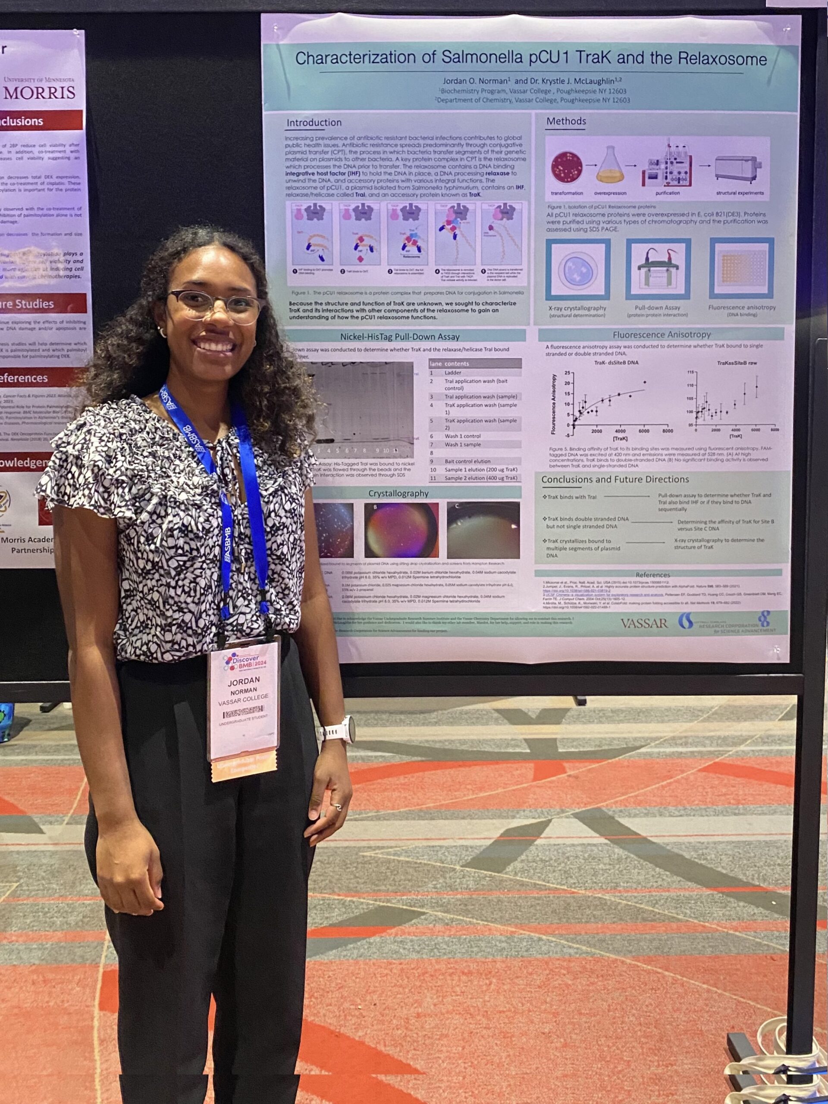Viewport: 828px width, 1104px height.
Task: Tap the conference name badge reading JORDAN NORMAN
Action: tap(244, 699)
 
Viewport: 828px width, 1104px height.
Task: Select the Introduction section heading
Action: tap(314, 122)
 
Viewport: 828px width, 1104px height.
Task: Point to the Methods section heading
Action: tap(566, 121)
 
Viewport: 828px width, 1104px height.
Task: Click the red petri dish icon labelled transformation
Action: tap(567, 167)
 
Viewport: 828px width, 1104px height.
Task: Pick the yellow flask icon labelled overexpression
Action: tap(610, 166)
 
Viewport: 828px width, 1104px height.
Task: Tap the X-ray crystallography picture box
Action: tap(577, 270)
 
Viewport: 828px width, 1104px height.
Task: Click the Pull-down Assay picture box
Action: tap(657, 270)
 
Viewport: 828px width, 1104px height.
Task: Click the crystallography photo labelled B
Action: tap(401, 530)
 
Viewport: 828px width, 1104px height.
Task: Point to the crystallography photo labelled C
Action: tap(483, 530)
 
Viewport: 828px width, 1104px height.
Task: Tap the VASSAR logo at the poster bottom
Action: tap(644, 623)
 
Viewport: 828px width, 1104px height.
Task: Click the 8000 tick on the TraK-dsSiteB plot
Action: tap(667, 431)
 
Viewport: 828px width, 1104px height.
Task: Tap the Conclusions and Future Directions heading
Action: tap(615, 480)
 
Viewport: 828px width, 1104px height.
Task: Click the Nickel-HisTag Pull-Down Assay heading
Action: tap(399, 337)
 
